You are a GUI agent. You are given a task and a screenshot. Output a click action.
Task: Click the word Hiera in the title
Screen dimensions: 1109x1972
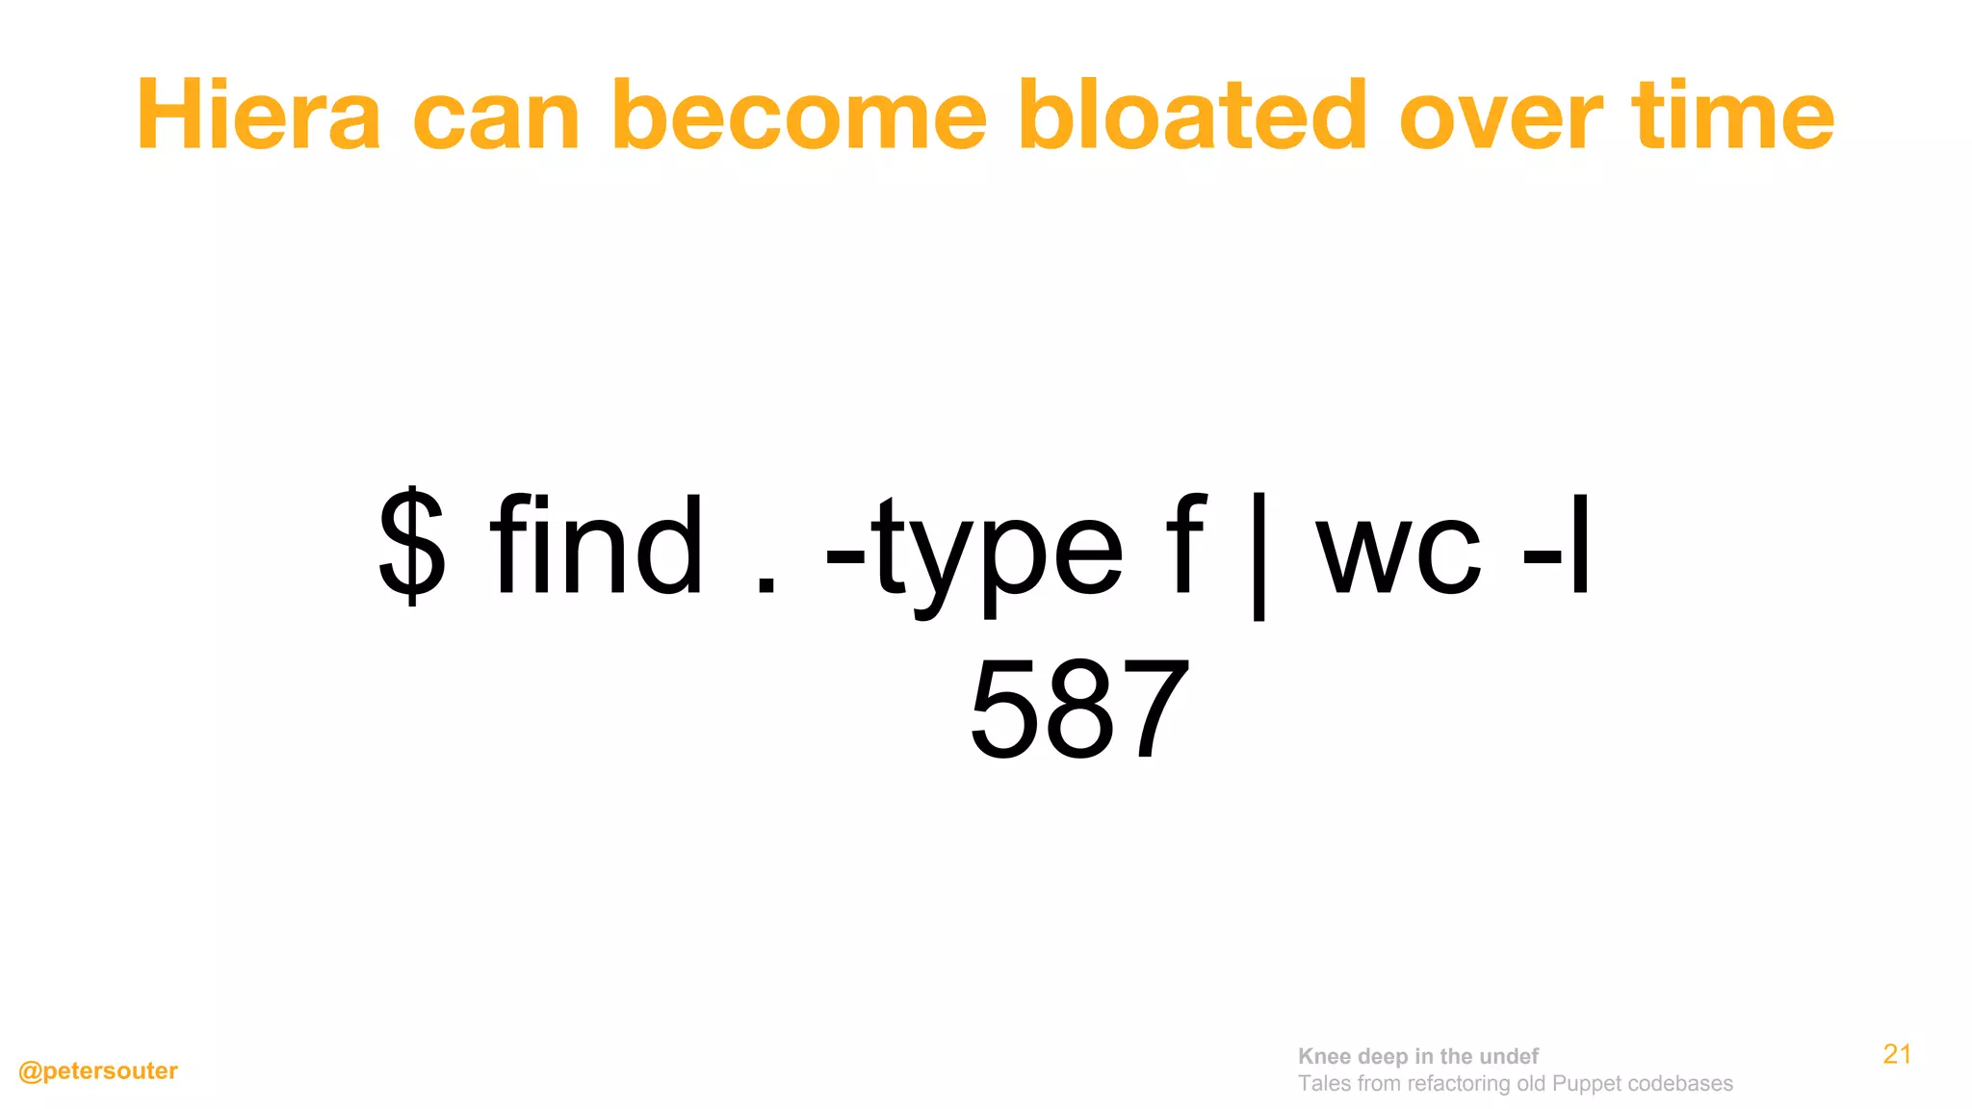259,116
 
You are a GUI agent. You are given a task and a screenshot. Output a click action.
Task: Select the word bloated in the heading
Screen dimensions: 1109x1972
1192,116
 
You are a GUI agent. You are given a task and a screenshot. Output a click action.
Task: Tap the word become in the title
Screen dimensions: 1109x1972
799,116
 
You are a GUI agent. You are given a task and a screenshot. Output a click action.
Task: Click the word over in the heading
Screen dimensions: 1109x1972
1500,116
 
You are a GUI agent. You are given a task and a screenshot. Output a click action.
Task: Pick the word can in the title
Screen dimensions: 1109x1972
496,116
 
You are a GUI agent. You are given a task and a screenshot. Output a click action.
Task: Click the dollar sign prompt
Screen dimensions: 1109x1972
412,546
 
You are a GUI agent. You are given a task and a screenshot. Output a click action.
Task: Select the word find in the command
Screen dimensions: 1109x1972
596,546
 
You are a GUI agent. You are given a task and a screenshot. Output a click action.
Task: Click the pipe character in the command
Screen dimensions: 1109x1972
1258,554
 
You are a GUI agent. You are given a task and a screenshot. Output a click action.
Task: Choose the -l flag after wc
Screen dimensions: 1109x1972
1557,546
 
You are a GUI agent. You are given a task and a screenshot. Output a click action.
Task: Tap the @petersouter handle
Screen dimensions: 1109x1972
98,1071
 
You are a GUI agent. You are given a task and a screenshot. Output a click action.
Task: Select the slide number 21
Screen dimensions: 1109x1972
1897,1054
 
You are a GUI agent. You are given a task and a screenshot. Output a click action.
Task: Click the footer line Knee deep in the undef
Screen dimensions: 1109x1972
1417,1056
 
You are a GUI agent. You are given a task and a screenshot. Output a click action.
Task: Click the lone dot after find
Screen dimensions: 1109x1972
765,583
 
